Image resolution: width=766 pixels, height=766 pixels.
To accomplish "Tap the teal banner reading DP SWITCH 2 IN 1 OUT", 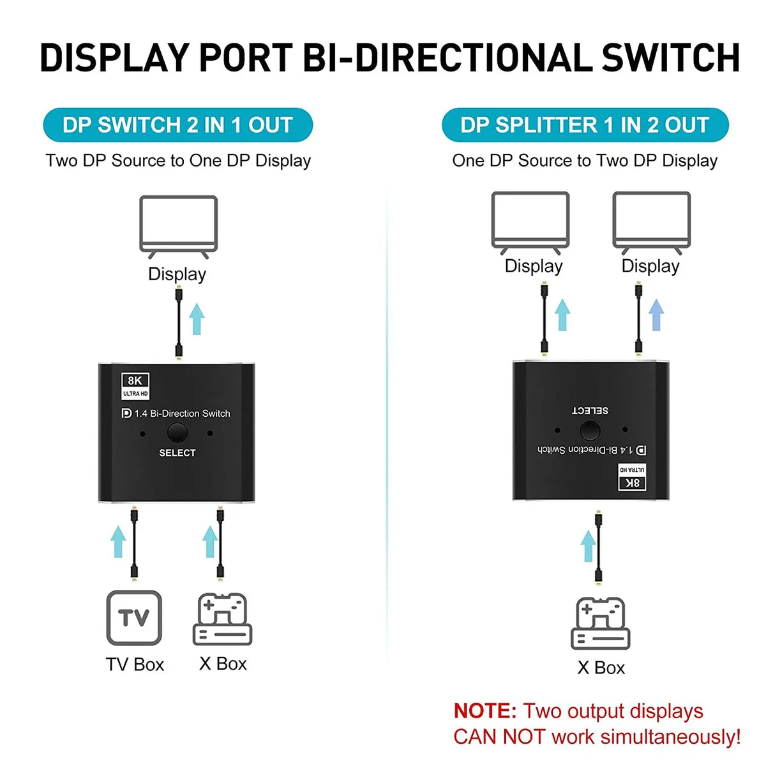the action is point(177,125).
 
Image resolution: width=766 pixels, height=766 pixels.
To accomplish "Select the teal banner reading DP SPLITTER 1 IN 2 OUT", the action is point(585,125).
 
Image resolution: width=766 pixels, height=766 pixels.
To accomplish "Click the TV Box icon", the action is point(134,618).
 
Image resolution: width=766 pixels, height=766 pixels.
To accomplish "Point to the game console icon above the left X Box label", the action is point(222,619).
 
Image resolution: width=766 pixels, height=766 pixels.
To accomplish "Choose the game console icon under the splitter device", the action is point(600,623).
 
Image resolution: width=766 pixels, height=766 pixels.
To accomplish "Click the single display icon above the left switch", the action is point(179,227).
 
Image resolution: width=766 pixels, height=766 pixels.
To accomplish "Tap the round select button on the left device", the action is point(177,433).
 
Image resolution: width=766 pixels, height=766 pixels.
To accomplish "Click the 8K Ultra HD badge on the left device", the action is point(135,386).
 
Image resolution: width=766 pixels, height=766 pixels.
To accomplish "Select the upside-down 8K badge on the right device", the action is point(632,477).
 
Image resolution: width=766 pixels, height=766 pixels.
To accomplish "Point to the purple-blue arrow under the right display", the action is point(656,315).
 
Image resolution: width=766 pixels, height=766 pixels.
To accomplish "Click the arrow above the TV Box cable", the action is point(118,541).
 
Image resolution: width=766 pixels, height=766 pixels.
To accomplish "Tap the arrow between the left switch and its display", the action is point(197,319).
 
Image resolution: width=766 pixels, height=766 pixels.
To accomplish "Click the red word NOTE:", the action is point(485,710).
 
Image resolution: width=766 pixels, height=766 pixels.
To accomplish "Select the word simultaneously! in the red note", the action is point(670,737).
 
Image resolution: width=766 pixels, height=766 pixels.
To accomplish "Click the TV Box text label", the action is point(135,665).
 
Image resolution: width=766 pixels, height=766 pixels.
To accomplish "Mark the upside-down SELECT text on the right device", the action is point(590,410).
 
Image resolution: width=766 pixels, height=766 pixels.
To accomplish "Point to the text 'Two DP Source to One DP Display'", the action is point(178,161).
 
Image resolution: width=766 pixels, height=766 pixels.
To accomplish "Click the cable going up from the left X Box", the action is point(220,543).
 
